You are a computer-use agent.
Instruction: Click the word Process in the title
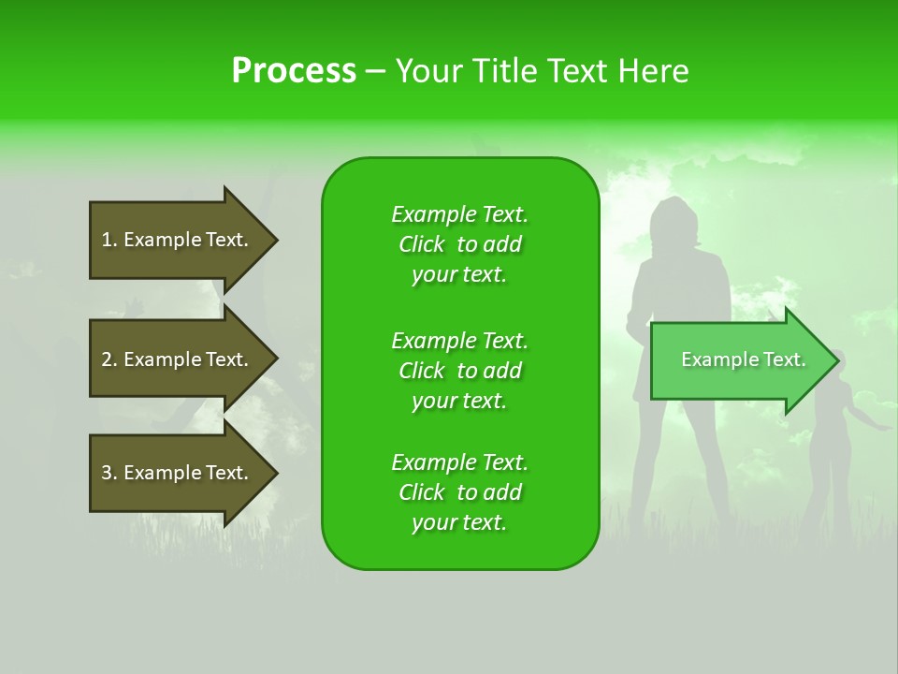click(294, 71)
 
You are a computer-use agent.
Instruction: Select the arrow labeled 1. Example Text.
click(178, 240)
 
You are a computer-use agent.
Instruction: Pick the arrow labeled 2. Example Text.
click(178, 359)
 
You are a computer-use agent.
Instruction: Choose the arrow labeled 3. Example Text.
click(178, 473)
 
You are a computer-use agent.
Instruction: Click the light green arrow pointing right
click(739, 360)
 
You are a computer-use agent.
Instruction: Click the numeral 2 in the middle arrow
click(107, 359)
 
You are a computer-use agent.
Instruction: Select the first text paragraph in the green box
click(459, 244)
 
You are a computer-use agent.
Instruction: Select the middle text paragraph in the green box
click(459, 370)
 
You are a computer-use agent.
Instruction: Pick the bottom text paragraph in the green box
click(459, 492)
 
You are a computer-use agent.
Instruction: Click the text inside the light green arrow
click(743, 359)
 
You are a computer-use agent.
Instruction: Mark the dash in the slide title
click(376, 71)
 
